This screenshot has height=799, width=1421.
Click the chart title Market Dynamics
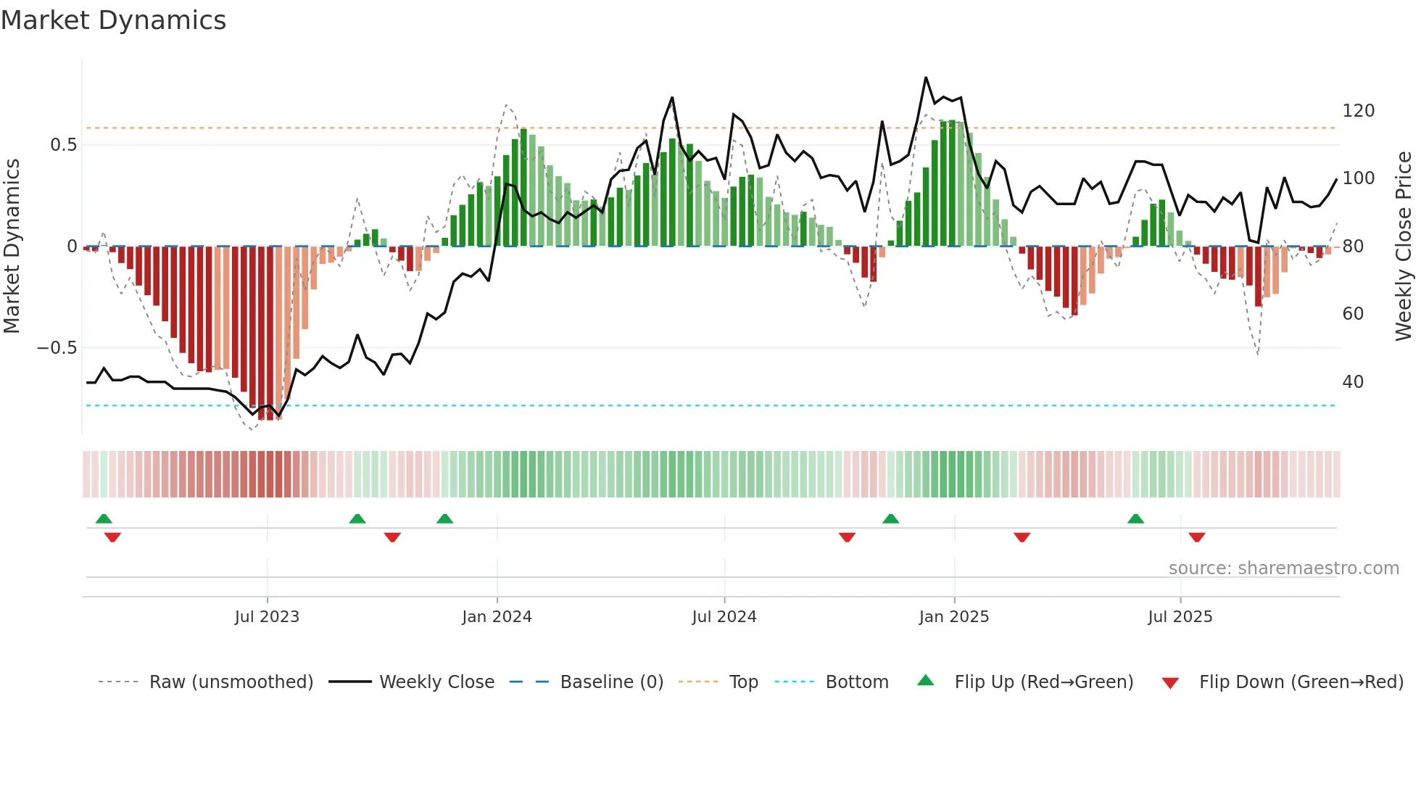pos(114,20)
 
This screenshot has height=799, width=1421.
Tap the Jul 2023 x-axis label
pos(267,617)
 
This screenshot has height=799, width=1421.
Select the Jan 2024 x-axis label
pos(497,617)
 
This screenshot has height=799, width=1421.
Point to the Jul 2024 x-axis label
pos(724,617)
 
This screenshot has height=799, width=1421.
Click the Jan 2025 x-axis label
pos(953,617)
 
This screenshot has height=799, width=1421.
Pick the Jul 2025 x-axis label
pos(1180,617)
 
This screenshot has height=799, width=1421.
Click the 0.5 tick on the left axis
pos(63,145)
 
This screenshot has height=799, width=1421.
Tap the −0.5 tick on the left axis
pos(57,348)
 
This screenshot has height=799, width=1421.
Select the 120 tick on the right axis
pos(1358,111)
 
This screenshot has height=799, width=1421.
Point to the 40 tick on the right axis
pos(1353,382)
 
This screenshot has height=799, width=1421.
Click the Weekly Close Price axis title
pos(1404,247)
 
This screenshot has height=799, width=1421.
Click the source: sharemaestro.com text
pos(1283,568)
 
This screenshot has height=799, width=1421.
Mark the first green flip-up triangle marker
pos(104,518)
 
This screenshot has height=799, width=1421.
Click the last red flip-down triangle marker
pos(1197,537)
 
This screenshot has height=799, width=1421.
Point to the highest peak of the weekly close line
pos(926,78)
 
